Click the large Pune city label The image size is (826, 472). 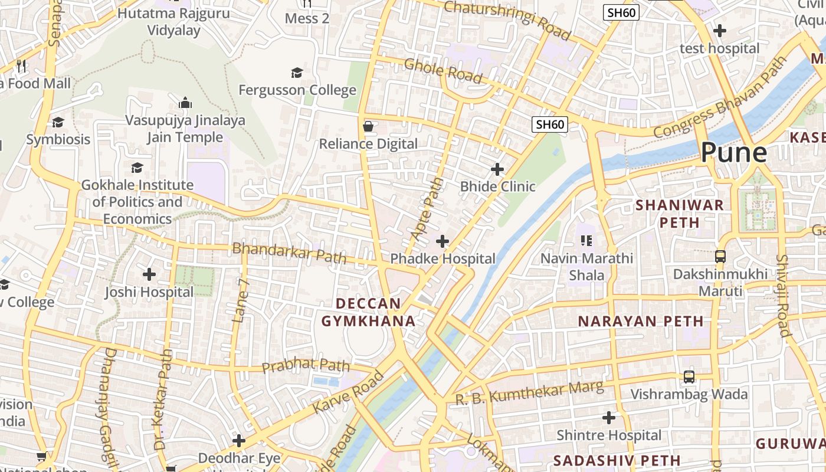pos(734,153)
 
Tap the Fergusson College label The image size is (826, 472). pos(297,90)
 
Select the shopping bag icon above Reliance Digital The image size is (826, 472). pos(368,126)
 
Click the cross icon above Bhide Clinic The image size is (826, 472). pos(497,169)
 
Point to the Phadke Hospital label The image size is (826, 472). pos(442,258)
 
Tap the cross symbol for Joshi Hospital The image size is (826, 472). pos(149,274)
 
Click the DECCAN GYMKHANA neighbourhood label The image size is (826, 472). pos(368,312)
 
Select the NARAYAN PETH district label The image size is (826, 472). pos(640,322)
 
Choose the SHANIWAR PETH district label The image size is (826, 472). pos(679,214)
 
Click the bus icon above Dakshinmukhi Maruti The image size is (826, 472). pos(720,257)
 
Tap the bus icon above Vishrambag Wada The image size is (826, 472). pos(689,376)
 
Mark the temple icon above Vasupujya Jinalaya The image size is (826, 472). pos(185,103)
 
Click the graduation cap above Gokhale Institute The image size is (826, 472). pos(137,168)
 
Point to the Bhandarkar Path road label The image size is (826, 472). pos(289,252)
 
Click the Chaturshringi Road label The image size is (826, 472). pos(507,19)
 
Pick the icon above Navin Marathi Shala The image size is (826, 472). pos(586,240)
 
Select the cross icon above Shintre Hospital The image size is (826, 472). pos(609,418)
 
